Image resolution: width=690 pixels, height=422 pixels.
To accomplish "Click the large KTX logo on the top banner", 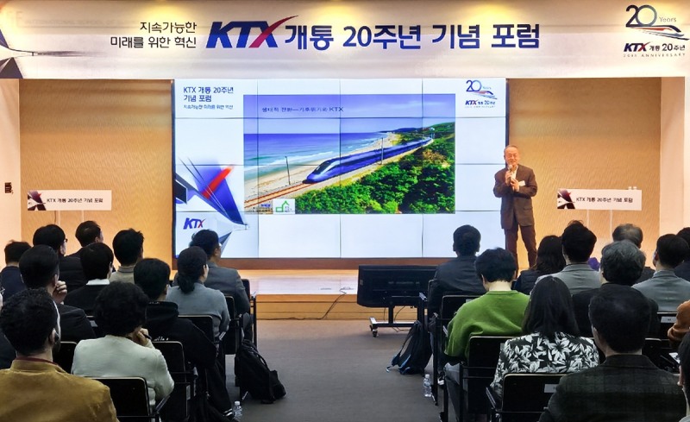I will point(248,34).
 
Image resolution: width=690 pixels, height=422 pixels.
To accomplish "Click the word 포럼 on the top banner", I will point(514,35).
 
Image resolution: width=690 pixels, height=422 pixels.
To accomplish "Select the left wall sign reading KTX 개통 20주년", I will point(69,200).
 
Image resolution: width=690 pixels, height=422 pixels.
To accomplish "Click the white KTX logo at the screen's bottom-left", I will point(194,224).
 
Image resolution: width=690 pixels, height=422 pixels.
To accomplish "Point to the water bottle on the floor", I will point(427,386).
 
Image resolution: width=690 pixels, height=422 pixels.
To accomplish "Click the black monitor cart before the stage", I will point(397,289).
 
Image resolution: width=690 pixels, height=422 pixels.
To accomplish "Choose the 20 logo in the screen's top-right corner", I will point(480,93).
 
